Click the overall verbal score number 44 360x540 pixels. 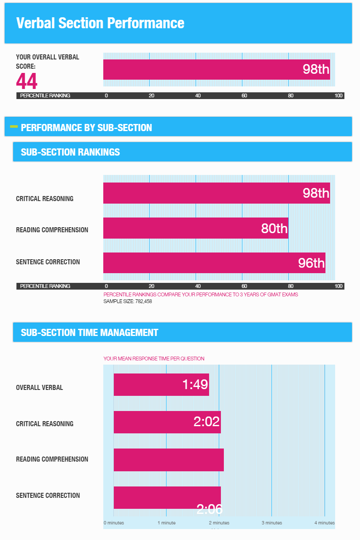[27, 81]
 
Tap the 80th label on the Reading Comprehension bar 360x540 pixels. [274, 228]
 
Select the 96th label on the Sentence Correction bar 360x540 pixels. [311, 263]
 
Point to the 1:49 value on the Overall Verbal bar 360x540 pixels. [195, 384]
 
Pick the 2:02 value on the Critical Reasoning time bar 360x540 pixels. [207, 422]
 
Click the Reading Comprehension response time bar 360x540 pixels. [169, 459]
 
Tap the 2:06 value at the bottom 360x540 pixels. [209, 510]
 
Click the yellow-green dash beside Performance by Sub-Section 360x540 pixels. [14, 126]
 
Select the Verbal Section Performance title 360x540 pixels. [100, 23]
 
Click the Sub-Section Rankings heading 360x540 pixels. [70, 152]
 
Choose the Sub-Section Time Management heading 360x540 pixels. [89, 333]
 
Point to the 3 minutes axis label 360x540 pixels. [272, 523]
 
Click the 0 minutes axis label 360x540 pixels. [114, 523]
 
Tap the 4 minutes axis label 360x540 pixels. [324, 523]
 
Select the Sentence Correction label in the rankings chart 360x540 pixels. [48, 262]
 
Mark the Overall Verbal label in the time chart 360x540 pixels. [39, 387]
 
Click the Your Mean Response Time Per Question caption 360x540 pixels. [154, 359]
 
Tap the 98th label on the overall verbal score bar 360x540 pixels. [316, 69]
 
